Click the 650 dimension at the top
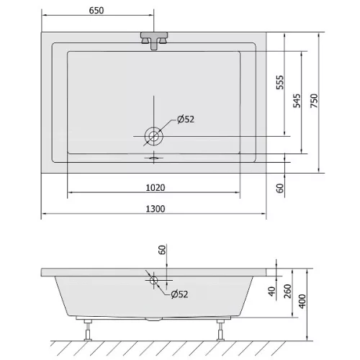coord(96,11)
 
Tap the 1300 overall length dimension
coord(156,209)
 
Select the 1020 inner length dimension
coord(156,188)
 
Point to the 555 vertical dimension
coord(280,82)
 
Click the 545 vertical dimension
coord(297,101)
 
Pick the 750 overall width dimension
coord(314,101)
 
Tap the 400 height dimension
coord(302,301)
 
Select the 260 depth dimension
coord(287,291)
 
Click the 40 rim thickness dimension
coord(272,292)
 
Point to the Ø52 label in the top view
coord(186,120)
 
